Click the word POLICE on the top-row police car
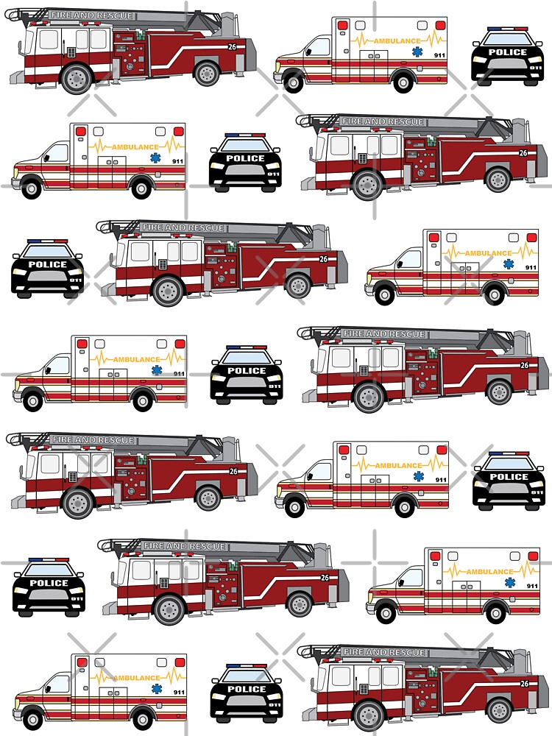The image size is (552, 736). click(x=508, y=52)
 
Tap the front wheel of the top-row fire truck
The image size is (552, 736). click(x=77, y=79)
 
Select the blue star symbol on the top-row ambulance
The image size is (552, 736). click(x=419, y=52)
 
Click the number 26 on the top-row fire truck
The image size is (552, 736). click(x=233, y=47)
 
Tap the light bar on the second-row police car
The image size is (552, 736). click(x=245, y=135)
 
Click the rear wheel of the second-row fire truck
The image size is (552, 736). click(x=498, y=180)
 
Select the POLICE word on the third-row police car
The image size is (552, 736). click(x=47, y=265)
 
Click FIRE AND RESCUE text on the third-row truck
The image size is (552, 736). click(x=183, y=227)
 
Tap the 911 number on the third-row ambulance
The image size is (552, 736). click(x=531, y=267)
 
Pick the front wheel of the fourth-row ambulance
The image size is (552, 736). click(x=33, y=401)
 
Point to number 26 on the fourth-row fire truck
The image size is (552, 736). click(x=524, y=365)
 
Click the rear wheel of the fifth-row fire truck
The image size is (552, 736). click(x=208, y=498)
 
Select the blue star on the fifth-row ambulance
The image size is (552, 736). click(x=419, y=477)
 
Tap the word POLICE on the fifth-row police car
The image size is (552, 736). click(x=509, y=477)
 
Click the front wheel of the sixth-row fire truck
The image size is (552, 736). click(x=169, y=609)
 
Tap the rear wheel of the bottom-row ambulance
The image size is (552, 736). click(x=141, y=713)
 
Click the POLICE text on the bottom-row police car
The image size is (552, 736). click(x=247, y=690)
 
